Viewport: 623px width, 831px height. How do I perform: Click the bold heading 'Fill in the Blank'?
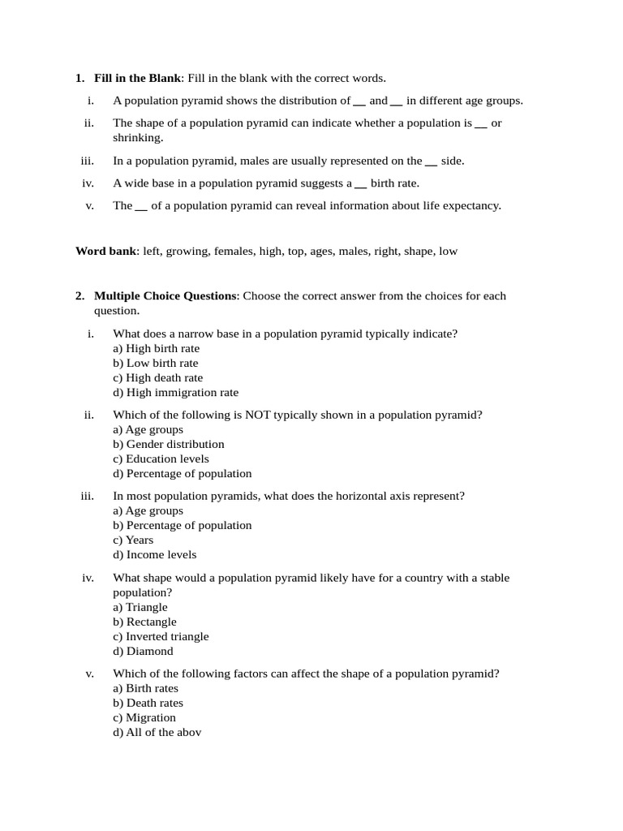click(x=136, y=78)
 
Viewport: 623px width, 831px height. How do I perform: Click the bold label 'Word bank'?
click(x=105, y=251)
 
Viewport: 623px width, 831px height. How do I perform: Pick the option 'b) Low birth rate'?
click(x=155, y=363)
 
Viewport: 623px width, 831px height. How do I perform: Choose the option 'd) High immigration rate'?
click(x=175, y=392)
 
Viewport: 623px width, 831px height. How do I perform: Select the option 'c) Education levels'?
click(x=161, y=459)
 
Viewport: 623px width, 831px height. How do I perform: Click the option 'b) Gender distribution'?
click(x=169, y=444)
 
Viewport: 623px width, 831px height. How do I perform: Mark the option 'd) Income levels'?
click(x=154, y=554)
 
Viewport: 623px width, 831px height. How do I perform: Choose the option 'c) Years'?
click(x=133, y=540)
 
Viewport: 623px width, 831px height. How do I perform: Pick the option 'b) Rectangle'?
click(x=144, y=622)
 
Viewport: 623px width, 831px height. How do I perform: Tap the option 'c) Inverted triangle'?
click(x=161, y=636)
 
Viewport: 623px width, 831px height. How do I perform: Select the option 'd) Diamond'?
click(x=143, y=651)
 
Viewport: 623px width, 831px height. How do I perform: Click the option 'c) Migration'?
click(x=144, y=717)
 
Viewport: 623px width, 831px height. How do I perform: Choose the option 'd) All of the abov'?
click(x=157, y=732)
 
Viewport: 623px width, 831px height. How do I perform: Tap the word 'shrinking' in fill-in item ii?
click(x=137, y=137)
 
